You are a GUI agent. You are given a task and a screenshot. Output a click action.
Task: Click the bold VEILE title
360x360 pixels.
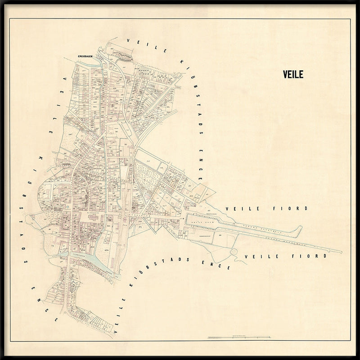(294, 74)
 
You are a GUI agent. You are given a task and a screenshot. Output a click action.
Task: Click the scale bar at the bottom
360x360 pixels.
(238, 337)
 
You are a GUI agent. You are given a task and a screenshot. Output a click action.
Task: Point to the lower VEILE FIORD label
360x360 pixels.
(284, 256)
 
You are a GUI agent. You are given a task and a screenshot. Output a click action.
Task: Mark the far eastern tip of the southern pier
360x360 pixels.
(341, 252)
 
